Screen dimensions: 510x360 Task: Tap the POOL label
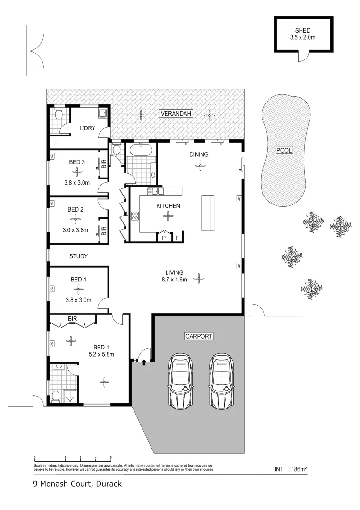285,150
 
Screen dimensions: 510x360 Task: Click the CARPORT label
198,336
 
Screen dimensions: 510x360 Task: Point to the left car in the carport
181,381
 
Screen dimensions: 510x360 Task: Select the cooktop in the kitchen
134,216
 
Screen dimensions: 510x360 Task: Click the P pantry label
163,238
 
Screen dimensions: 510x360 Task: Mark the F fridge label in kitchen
177,238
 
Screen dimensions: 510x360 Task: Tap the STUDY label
79,256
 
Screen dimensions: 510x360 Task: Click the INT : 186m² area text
291,469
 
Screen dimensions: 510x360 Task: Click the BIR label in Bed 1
72,319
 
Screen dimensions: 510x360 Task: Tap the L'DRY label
87,128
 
